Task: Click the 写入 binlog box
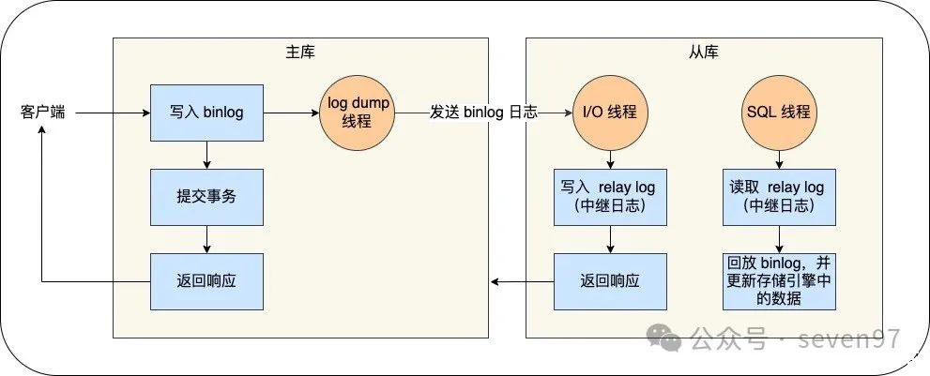tap(206, 113)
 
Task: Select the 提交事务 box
tap(206, 197)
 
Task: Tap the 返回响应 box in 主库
tap(206, 281)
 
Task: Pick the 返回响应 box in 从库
tap(610, 281)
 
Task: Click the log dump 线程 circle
tap(358, 113)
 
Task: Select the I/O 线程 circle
tap(610, 113)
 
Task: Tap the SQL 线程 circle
tap(779, 113)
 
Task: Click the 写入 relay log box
tap(610, 197)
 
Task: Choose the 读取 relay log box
tap(779, 197)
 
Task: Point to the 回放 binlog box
tap(779, 280)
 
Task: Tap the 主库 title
tap(299, 51)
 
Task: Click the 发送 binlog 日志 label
tap(483, 113)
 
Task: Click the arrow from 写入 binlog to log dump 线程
tap(291, 113)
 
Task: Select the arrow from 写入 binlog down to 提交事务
tap(206, 155)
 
